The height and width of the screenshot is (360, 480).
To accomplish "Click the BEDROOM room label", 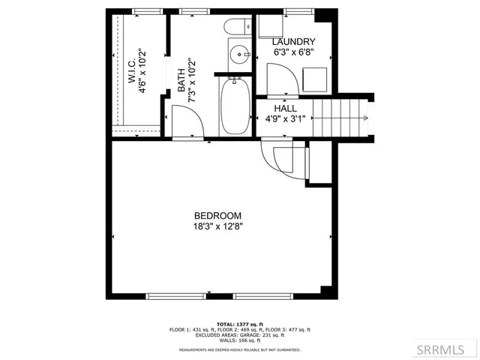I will pos(217,215).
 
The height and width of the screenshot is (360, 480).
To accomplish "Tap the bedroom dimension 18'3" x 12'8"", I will pos(217,225).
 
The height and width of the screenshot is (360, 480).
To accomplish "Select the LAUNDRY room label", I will pos(292,42).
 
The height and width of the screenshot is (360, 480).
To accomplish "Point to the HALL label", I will pos(285,108).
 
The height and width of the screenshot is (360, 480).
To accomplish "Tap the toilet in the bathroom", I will pos(235,28).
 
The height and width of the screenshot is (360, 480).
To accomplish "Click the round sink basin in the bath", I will pos(238,53).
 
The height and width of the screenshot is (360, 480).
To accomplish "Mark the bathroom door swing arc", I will pos(184,120).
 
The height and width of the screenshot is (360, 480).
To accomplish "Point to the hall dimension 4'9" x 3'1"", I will pos(285,118).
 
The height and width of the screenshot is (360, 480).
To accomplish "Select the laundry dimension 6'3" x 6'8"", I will pos(292,52).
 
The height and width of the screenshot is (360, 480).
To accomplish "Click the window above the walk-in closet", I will pos(148,11).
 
